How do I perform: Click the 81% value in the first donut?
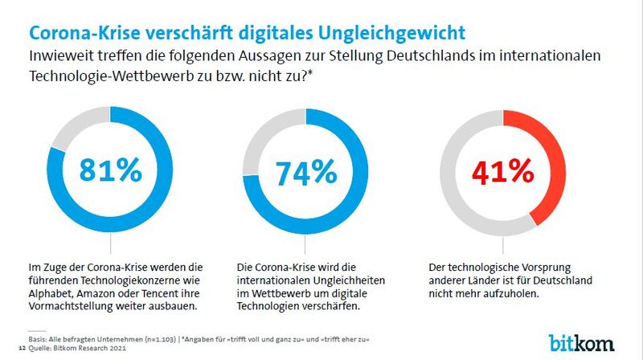(x=111, y=171)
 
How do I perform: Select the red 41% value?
(x=502, y=171)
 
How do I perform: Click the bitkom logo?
(x=582, y=341)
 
